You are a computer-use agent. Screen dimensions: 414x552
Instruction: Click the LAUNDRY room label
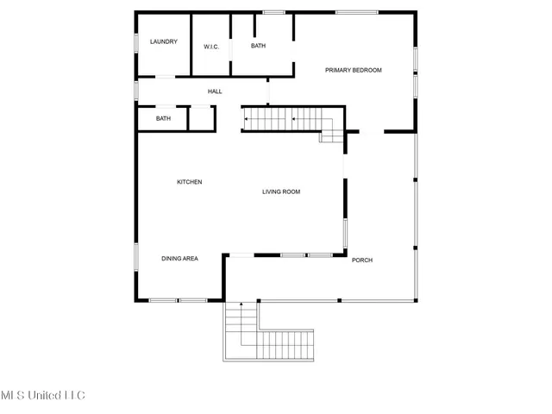163,41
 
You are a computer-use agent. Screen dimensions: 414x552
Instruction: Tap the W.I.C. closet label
211,47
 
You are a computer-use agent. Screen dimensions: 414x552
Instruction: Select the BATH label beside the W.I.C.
259,46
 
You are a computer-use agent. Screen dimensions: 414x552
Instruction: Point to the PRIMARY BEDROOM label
353,70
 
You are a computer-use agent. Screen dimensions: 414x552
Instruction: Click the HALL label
215,91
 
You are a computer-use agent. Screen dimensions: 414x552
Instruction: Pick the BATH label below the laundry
163,118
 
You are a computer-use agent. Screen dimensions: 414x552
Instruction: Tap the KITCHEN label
190,182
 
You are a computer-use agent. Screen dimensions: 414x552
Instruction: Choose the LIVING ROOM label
281,191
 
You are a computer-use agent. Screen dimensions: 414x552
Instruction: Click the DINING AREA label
180,258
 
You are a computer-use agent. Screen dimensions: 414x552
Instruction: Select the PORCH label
362,260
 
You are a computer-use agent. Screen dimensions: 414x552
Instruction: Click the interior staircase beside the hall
281,119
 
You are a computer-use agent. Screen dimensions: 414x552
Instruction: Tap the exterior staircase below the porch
259,336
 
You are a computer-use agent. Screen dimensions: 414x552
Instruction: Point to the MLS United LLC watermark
43,396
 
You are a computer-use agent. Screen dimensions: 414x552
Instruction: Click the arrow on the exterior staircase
241,305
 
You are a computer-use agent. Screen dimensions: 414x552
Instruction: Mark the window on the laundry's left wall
136,43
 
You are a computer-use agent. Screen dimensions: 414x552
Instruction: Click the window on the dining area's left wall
135,258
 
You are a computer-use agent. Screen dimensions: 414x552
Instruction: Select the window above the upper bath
273,12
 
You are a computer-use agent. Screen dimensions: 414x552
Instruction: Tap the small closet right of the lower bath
200,118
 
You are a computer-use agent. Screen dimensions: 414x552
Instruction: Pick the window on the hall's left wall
136,91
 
